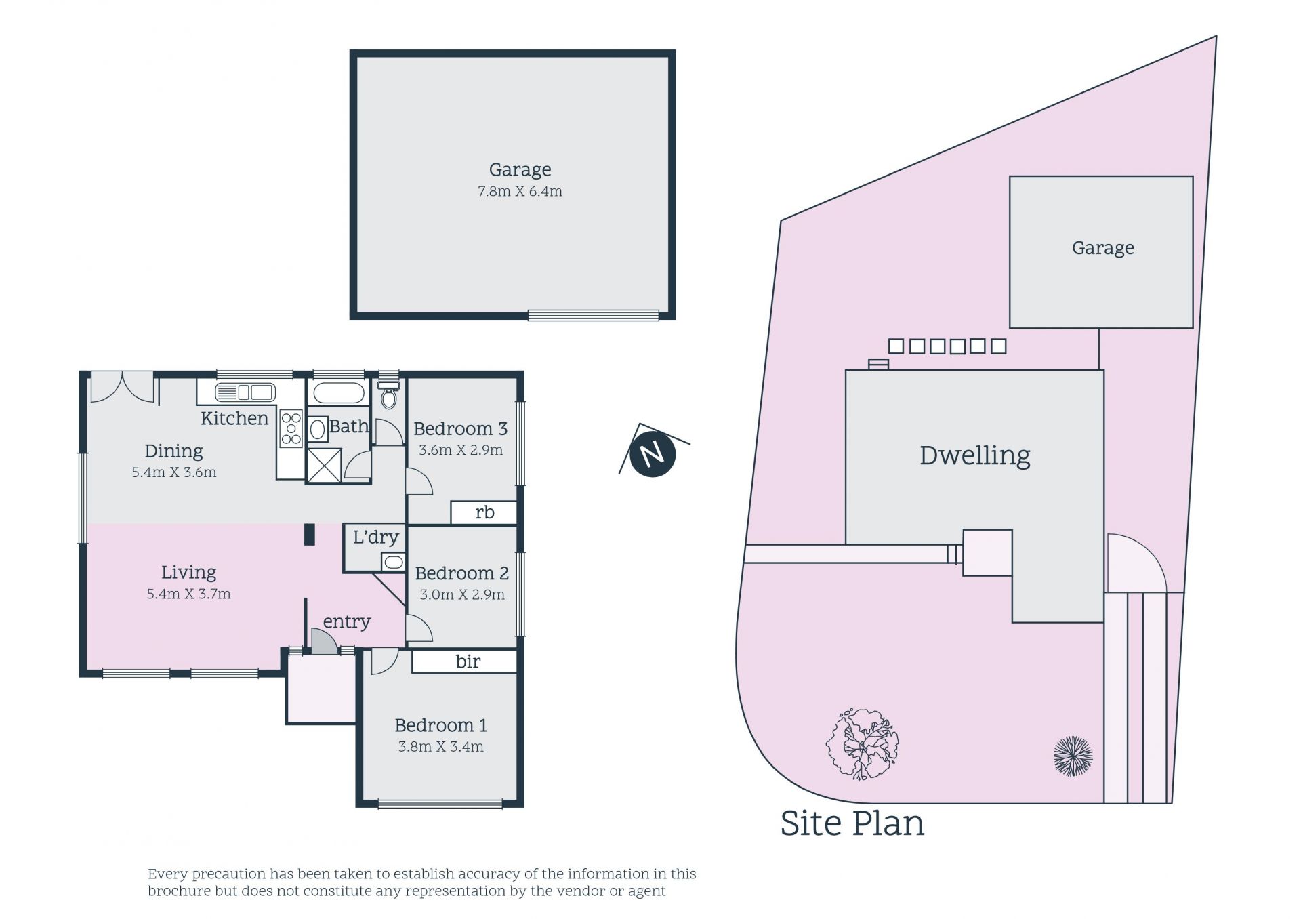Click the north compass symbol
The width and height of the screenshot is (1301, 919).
coord(653,453)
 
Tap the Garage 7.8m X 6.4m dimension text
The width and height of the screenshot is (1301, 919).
coord(520,192)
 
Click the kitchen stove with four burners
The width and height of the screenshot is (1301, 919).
coord(291,428)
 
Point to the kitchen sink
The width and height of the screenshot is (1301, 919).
coord(245,392)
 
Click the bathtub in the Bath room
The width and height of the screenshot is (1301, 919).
coord(338,394)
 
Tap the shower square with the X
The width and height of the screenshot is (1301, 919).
coord(324,465)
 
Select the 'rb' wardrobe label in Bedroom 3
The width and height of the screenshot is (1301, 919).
coord(484,512)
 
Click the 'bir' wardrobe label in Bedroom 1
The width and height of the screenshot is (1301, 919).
coord(468,661)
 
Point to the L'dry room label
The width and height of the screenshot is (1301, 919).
coord(375,537)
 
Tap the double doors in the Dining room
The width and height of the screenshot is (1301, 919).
coord(123,386)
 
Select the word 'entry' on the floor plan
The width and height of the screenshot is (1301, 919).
coord(347,622)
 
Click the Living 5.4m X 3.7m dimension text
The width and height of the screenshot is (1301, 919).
coord(188,594)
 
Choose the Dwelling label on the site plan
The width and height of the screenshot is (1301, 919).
coord(974,456)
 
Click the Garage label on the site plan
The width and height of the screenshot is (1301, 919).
coord(1102,248)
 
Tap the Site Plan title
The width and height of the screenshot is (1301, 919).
coord(852,823)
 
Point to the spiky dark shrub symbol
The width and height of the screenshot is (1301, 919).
coord(1073,756)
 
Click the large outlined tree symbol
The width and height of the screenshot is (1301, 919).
coord(863,744)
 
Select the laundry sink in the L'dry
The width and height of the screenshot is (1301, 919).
coord(393,562)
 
